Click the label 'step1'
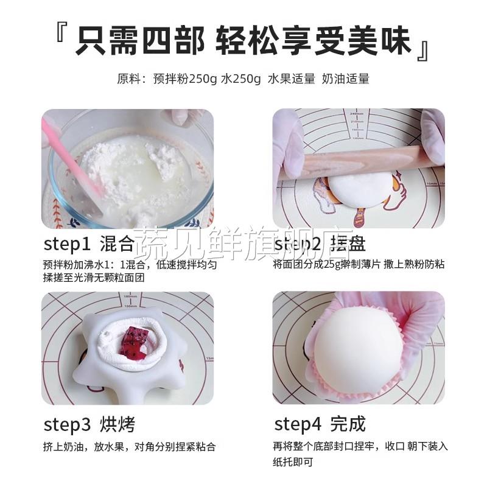click(x=67, y=244)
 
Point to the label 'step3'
click(x=68, y=424)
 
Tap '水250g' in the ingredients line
click(x=242, y=79)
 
